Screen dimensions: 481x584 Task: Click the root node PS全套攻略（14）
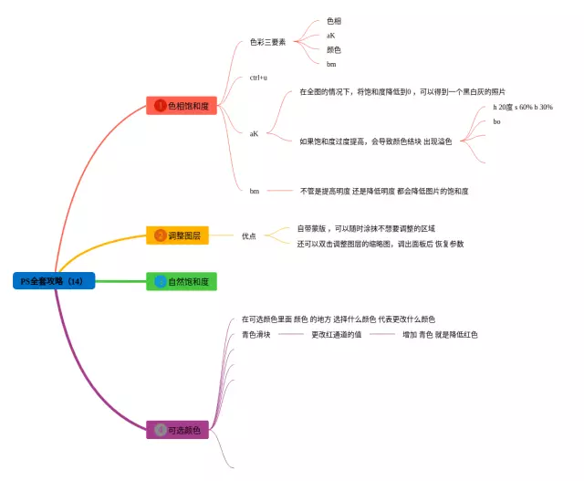pos(53,281)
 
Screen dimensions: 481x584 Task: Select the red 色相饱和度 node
pos(182,106)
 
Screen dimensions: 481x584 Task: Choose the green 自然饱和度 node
pos(182,282)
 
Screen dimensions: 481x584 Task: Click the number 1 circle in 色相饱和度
pos(160,106)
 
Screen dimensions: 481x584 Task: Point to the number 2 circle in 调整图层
pos(160,235)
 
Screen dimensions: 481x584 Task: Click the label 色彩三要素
pos(267,42)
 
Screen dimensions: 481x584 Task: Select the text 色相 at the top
pos(334,20)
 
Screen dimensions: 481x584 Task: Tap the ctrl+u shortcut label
pos(258,78)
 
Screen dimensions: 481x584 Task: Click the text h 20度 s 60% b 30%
pos(522,107)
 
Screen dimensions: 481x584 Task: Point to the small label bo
pos(496,121)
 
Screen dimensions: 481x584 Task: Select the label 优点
pos(248,235)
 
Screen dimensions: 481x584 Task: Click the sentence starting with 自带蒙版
pos(365,228)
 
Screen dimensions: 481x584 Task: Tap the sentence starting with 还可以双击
pos(380,244)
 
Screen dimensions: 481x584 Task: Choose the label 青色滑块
pos(255,335)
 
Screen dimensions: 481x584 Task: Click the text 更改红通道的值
pos(337,335)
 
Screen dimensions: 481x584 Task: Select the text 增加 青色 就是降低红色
pos(440,335)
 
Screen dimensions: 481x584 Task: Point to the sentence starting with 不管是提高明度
pos(384,192)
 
